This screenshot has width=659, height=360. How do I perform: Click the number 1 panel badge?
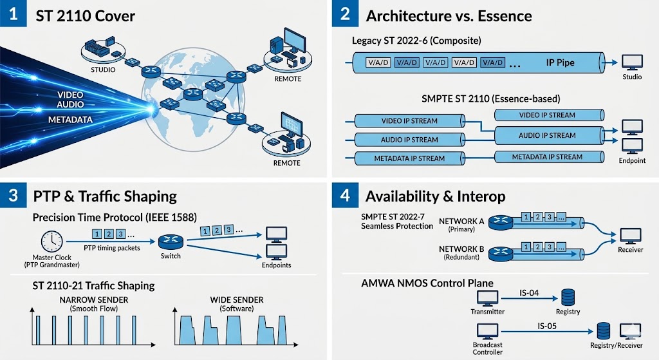13,14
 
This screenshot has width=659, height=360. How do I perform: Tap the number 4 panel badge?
345,195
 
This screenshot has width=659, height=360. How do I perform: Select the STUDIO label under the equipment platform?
103,70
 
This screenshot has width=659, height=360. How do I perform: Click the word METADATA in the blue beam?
70,120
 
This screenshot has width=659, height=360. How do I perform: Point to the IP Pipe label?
560,62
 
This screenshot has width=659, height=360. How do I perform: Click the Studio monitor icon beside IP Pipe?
632,62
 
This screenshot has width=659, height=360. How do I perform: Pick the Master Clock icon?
51,242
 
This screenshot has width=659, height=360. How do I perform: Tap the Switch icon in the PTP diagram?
171,242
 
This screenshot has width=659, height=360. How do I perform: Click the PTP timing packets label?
112,248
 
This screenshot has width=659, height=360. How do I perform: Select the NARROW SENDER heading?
94,300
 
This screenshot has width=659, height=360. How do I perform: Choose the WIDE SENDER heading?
237,300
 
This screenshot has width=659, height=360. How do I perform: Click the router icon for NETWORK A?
501,222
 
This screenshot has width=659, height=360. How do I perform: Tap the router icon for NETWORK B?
501,253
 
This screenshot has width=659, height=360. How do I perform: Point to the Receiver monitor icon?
631,236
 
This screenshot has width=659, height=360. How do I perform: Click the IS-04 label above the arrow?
529,293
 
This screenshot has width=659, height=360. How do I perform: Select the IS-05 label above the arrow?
547,326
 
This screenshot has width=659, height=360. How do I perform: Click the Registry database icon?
568,298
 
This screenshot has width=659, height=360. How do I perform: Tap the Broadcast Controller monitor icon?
488,332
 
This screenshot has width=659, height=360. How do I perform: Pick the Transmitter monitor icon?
488,298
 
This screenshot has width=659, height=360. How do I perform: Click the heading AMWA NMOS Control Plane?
427,283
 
